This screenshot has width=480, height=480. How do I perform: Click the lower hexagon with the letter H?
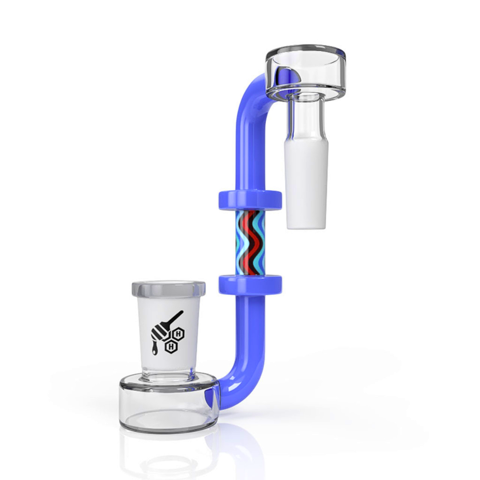click(x=171, y=346)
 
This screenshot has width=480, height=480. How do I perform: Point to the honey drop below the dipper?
click(x=155, y=349)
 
